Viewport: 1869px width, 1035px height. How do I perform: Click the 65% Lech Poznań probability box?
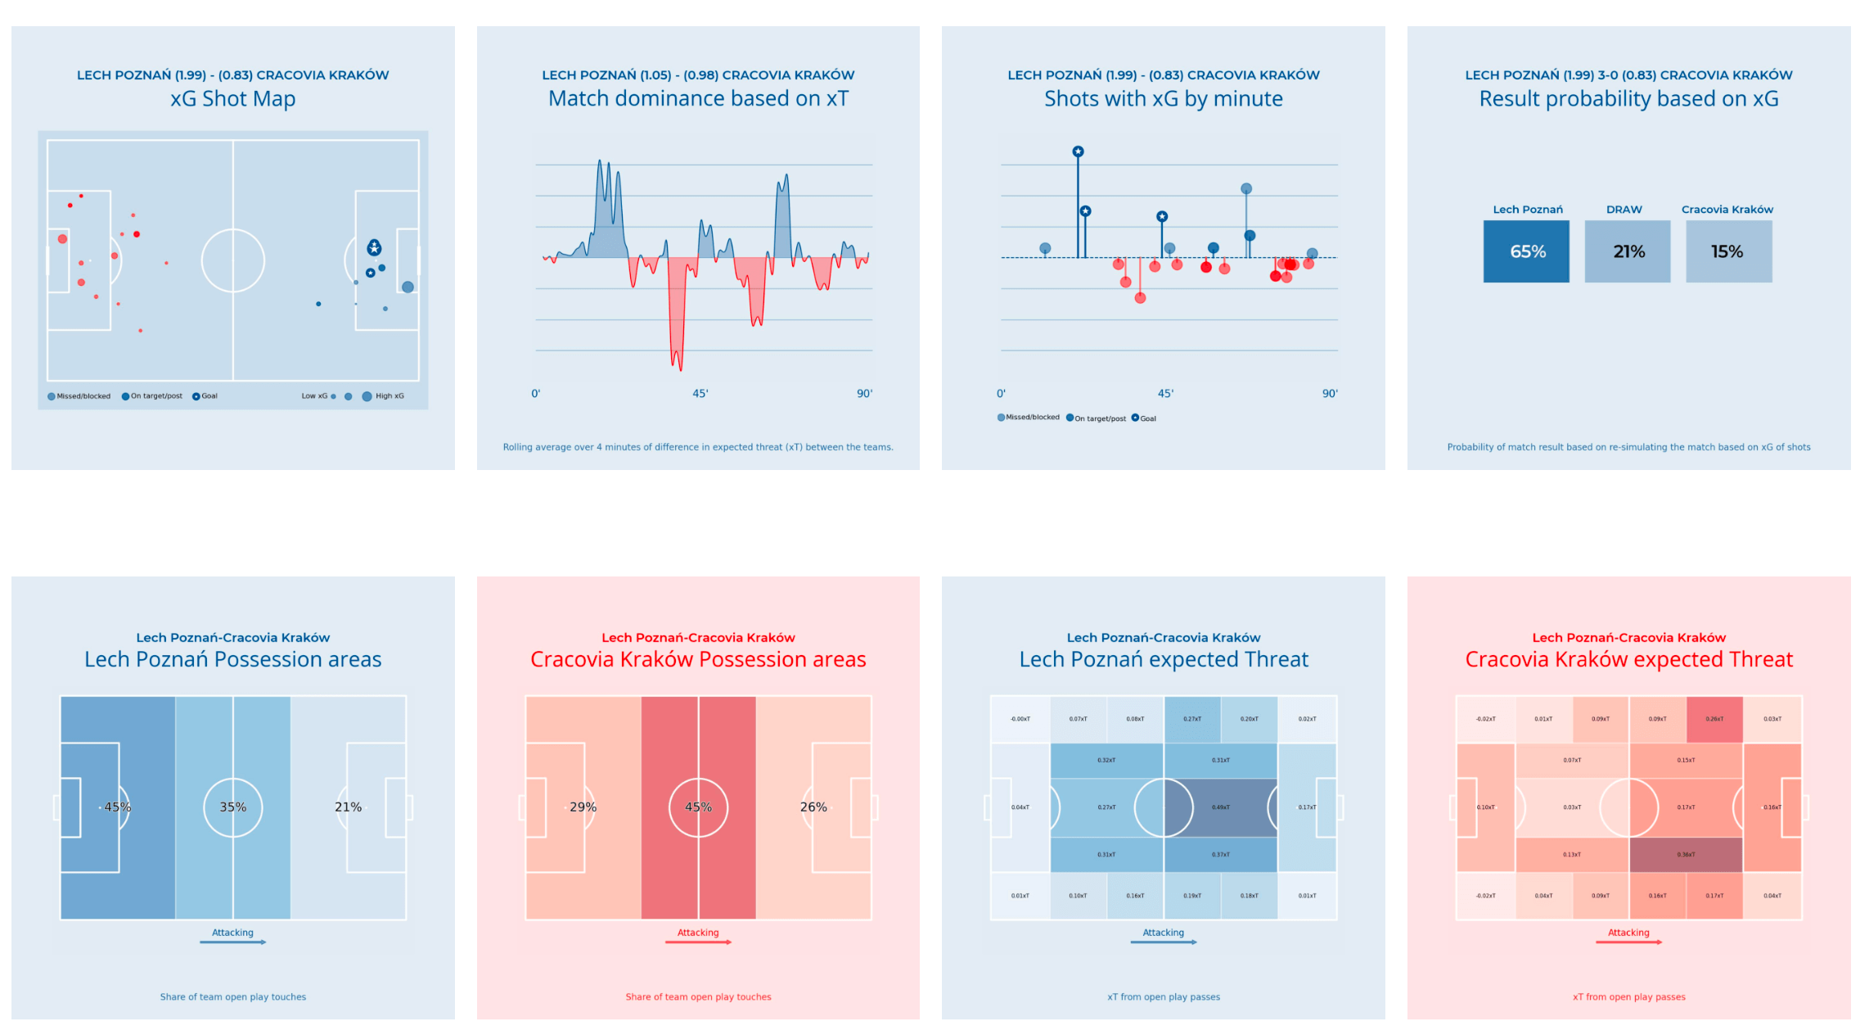point(1526,251)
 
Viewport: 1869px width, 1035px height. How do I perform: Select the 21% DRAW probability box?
point(1627,251)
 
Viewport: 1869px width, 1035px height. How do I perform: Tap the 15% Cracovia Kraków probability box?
point(1728,251)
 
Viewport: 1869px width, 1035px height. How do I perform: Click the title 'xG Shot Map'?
point(232,99)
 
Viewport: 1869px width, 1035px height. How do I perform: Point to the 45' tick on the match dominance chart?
point(700,394)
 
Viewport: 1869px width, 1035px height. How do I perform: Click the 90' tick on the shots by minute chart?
point(1330,394)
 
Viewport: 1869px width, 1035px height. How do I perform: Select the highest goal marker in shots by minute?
point(1078,151)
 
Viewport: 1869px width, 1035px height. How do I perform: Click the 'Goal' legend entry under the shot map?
point(205,396)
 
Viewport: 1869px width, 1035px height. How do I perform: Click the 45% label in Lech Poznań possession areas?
point(117,807)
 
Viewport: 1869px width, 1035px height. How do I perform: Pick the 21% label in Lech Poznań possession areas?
point(348,807)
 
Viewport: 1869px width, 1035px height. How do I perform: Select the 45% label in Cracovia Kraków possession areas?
point(698,807)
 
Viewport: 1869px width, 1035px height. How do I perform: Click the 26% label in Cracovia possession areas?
point(813,807)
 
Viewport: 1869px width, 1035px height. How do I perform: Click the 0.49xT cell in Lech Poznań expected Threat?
point(1220,807)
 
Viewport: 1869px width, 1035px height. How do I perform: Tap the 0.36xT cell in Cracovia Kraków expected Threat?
point(1686,854)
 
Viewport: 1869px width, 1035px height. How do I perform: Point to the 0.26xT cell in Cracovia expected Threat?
point(1714,719)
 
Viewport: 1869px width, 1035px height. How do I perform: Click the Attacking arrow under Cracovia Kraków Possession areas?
point(698,942)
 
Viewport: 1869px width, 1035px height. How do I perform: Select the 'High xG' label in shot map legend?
point(390,396)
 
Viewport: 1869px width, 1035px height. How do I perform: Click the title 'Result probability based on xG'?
point(1628,99)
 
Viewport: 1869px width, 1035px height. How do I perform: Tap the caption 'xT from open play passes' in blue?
point(1163,997)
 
